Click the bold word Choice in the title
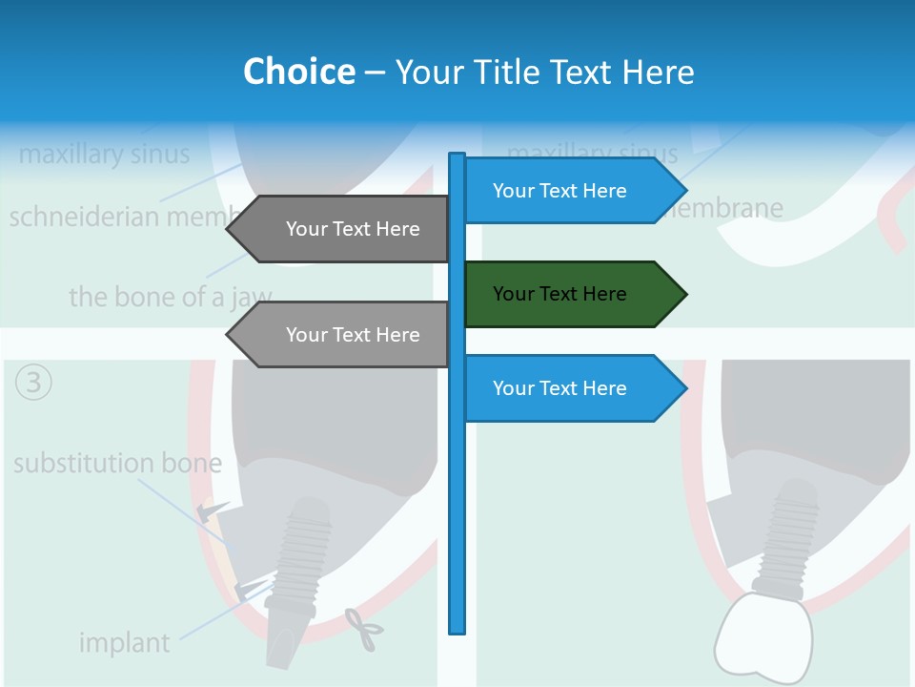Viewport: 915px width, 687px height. (x=298, y=72)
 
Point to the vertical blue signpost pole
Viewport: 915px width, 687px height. (x=457, y=477)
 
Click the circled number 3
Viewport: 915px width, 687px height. (x=34, y=383)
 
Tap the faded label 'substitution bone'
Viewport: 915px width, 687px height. (x=117, y=465)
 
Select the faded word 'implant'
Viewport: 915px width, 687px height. (x=124, y=643)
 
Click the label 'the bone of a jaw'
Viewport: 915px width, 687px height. (x=170, y=297)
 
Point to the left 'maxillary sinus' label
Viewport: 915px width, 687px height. (x=104, y=154)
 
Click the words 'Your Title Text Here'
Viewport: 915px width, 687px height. (x=544, y=72)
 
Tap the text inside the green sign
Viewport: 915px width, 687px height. (x=559, y=294)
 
